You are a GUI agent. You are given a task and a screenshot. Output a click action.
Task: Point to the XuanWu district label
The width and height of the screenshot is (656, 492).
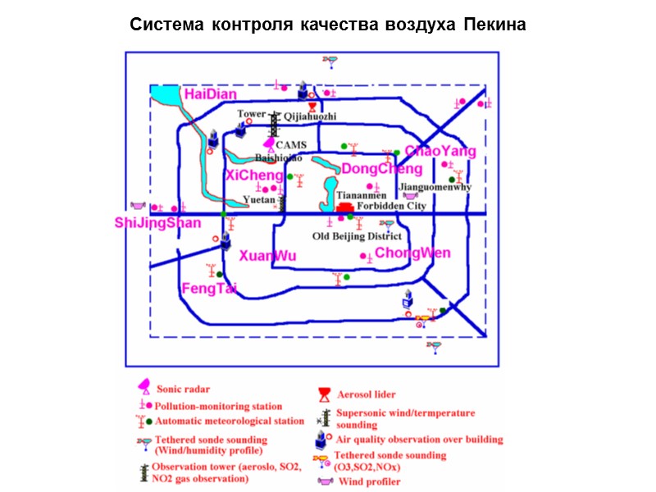pyautogui.click(x=267, y=257)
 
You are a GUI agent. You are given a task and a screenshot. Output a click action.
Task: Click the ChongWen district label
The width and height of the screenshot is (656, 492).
pyautogui.click(x=412, y=253)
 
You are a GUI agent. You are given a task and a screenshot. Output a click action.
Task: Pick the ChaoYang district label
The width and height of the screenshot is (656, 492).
pyautogui.click(x=440, y=151)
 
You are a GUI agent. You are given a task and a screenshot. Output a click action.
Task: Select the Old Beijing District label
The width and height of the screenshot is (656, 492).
pyautogui.click(x=358, y=236)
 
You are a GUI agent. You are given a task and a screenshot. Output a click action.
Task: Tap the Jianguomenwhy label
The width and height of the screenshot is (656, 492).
pyautogui.click(x=435, y=187)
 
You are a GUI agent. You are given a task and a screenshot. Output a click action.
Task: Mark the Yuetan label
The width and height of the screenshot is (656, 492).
pyautogui.click(x=259, y=199)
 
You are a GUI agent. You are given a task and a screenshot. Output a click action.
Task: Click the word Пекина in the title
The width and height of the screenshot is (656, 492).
pyautogui.click(x=494, y=25)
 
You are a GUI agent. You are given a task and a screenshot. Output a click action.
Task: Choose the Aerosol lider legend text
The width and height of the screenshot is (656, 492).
pyautogui.click(x=367, y=394)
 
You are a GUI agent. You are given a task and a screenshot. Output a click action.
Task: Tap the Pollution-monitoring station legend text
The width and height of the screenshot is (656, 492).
pyautogui.click(x=219, y=406)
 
